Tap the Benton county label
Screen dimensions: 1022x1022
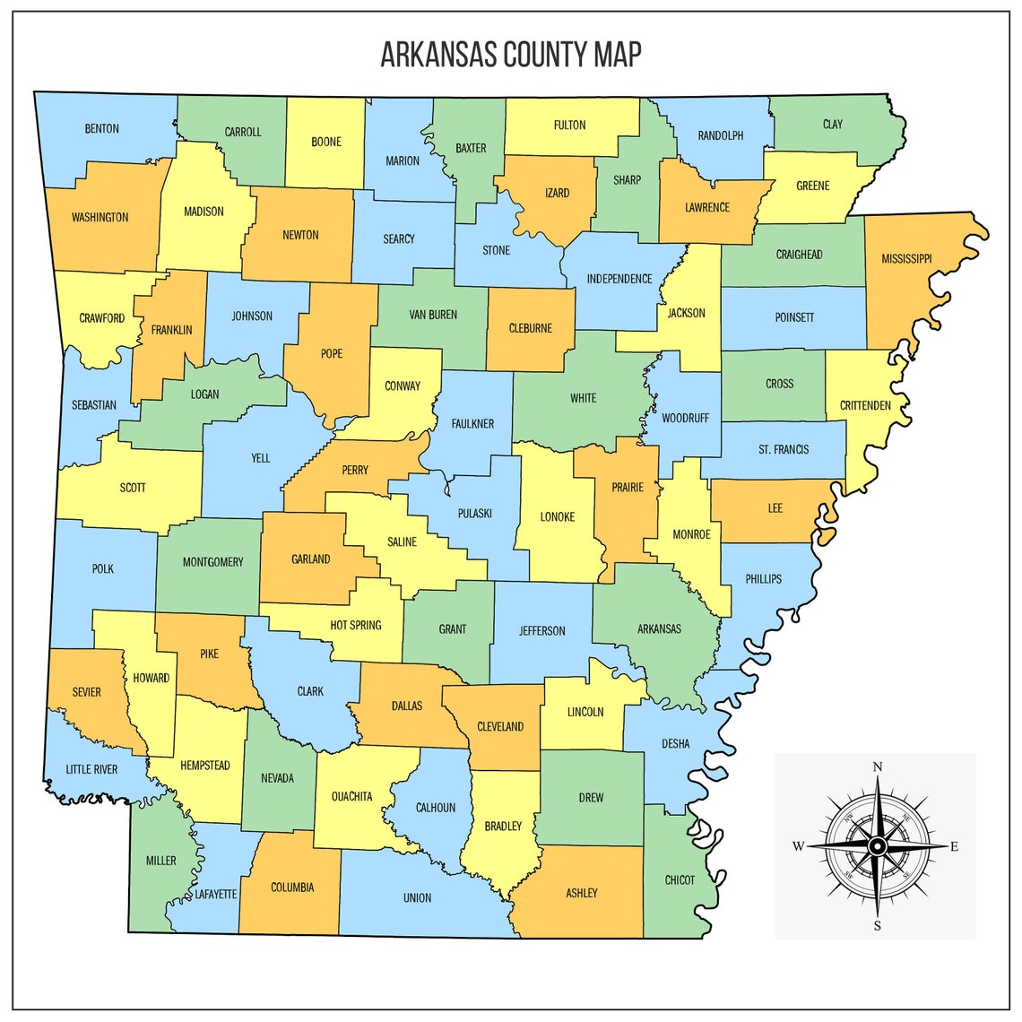point(101,129)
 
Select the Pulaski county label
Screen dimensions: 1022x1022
point(474,514)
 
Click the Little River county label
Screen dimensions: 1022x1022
point(91,769)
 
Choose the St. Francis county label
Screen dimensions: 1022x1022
point(784,450)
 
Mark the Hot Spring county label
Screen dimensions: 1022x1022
point(356,625)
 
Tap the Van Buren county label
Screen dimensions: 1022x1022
point(433,315)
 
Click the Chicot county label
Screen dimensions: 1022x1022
point(680,880)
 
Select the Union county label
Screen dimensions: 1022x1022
point(417,898)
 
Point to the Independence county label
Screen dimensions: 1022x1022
point(619,279)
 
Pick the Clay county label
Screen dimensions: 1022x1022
point(833,125)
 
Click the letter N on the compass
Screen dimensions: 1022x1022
point(878,766)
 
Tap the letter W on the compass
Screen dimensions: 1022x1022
point(798,846)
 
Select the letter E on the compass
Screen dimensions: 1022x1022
point(954,846)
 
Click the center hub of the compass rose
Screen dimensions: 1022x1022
point(878,846)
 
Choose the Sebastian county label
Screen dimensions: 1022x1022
point(94,405)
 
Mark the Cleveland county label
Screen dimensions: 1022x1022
point(500,726)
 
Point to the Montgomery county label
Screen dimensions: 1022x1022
point(212,562)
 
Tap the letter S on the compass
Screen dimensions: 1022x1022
point(878,925)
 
